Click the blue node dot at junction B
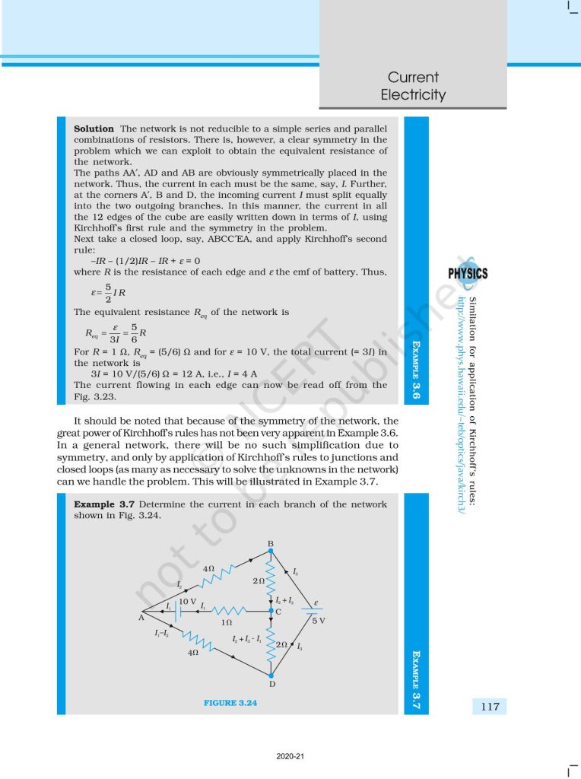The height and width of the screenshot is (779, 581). coord(271,550)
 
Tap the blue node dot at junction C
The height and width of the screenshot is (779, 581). coord(271,610)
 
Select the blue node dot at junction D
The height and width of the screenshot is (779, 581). coord(271,673)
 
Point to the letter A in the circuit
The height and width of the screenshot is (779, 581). coord(141,618)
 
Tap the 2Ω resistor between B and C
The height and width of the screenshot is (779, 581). coord(271,579)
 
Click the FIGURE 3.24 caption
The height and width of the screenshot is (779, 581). coord(230,703)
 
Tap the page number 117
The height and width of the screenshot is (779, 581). coord(490,707)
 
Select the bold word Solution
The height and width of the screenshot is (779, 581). coord(94,129)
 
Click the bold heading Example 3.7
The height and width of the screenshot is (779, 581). coord(106,504)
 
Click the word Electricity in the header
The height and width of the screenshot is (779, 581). coord(413,95)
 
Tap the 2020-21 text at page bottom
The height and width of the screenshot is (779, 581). coord(290,757)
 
